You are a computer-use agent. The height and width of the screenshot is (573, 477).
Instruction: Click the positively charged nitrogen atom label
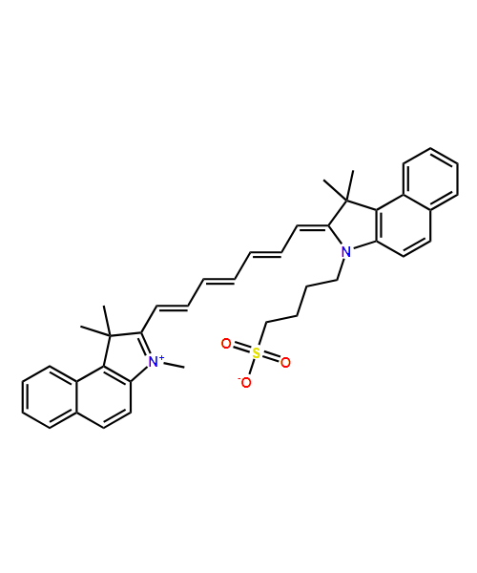pos(154,361)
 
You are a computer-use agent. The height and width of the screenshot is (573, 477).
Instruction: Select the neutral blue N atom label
pos(345,252)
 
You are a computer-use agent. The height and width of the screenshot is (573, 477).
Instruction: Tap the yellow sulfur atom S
pos(257,353)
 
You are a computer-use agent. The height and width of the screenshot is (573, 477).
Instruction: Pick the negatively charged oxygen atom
pos(246,383)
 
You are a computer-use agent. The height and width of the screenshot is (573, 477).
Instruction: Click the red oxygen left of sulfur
pos(227,344)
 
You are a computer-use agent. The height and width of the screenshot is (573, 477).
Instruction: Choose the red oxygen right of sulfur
pos(285,363)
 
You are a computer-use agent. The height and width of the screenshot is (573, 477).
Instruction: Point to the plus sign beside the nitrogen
pos(161,357)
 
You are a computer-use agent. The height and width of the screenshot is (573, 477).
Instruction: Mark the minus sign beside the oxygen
pos(239,380)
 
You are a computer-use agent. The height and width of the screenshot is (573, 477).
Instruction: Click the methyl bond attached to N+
pos(174,365)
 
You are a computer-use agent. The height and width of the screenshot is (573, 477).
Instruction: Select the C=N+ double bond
pos(146,345)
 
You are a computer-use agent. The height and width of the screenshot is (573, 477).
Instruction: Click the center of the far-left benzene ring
pos(50,397)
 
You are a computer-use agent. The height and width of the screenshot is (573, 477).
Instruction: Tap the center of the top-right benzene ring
pos(430,180)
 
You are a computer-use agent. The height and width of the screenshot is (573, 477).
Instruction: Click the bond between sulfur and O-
pos(252,367)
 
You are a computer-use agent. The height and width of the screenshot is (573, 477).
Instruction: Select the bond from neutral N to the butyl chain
pos(341,269)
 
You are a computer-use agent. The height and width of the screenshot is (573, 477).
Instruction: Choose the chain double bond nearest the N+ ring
pos(172,308)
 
